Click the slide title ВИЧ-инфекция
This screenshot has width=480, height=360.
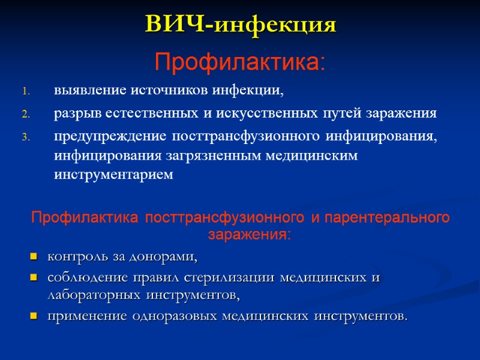(x=240, y=25)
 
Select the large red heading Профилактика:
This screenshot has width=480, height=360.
(x=240, y=62)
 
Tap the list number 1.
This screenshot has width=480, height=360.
(x=25, y=92)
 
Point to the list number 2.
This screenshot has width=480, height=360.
(x=26, y=114)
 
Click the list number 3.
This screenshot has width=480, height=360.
(x=26, y=137)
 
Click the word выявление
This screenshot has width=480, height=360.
(x=82, y=91)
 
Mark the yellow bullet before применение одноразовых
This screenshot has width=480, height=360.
(x=32, y=316)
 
